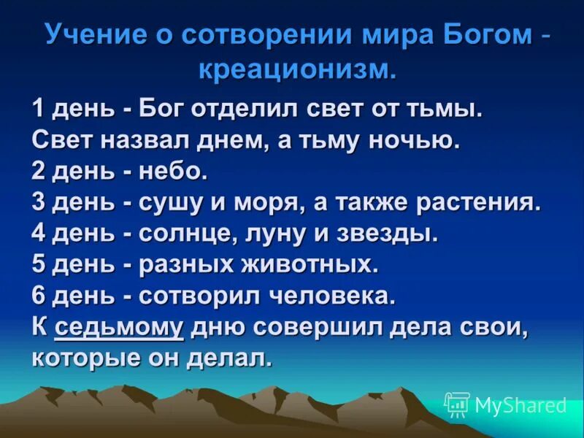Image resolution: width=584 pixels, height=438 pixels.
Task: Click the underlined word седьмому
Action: [x=119, y=328]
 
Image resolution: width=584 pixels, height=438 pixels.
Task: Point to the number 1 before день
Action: [x=38, y=109]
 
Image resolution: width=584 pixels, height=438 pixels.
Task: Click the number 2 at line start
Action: [x=39, y=172]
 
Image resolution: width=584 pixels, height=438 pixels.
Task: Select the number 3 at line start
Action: [x=39, y=202]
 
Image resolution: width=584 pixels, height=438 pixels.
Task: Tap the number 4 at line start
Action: [x=39, y=234]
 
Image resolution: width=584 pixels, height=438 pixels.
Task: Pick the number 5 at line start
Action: [x=39, y=265]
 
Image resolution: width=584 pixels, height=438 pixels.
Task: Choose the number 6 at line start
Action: [x=39, y=296]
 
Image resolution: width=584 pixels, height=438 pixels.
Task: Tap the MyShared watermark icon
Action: [x=457, y=404]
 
